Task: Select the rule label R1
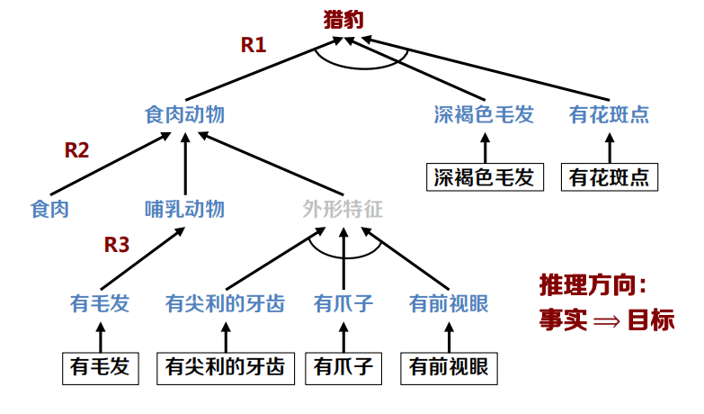254,44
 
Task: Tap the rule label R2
77,150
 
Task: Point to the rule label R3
117,244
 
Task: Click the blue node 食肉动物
184,115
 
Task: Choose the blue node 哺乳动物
184,210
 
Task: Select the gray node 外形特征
343,210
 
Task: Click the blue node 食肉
49,210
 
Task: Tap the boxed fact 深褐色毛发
484,177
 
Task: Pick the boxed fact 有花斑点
609,177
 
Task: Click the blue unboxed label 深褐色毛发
484,115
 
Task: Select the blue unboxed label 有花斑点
609,115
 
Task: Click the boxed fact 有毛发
100,366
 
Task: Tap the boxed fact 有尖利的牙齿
225,366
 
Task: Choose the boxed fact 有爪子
343,366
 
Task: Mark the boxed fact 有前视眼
448,366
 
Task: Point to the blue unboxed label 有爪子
343,304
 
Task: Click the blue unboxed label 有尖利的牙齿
225,304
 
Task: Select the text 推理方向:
593,286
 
